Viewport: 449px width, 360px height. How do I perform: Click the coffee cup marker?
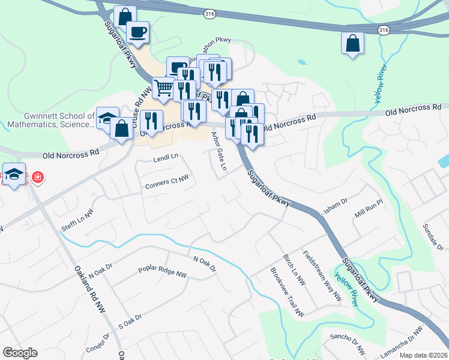137,32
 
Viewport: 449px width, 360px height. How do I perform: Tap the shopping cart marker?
163,88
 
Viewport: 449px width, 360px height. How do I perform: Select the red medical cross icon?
37,177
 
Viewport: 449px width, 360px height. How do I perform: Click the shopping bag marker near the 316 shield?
352,43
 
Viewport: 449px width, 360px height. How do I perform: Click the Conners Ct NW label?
167,182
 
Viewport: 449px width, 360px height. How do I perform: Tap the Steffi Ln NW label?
78,221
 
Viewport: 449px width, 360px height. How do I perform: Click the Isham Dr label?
336,206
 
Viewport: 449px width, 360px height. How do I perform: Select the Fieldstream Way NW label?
322,275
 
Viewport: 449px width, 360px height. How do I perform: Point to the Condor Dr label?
98,344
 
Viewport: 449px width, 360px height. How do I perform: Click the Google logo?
20,353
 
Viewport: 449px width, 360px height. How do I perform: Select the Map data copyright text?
423,355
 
